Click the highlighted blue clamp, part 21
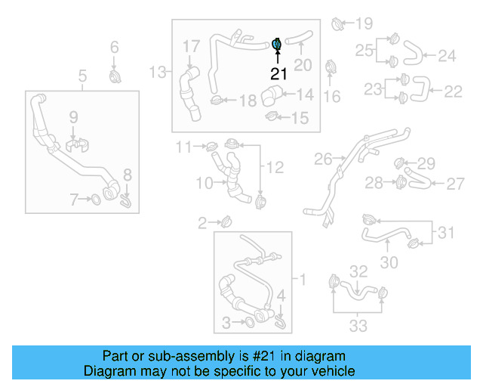tap(277, 45)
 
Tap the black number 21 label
tap(279, 74)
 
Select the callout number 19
tap(364, 23)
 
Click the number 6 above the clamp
tap(115, 48)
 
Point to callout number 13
tap(158, 73)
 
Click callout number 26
tap(323, 159)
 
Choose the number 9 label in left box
tap(73, 116)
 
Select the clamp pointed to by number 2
tap(226, 221)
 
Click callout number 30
tap(388, 262)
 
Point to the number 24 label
tap(447, 55)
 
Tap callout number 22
tap(453, 91)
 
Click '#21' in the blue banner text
tap(258, 356)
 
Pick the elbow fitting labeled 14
tap(271, 97)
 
